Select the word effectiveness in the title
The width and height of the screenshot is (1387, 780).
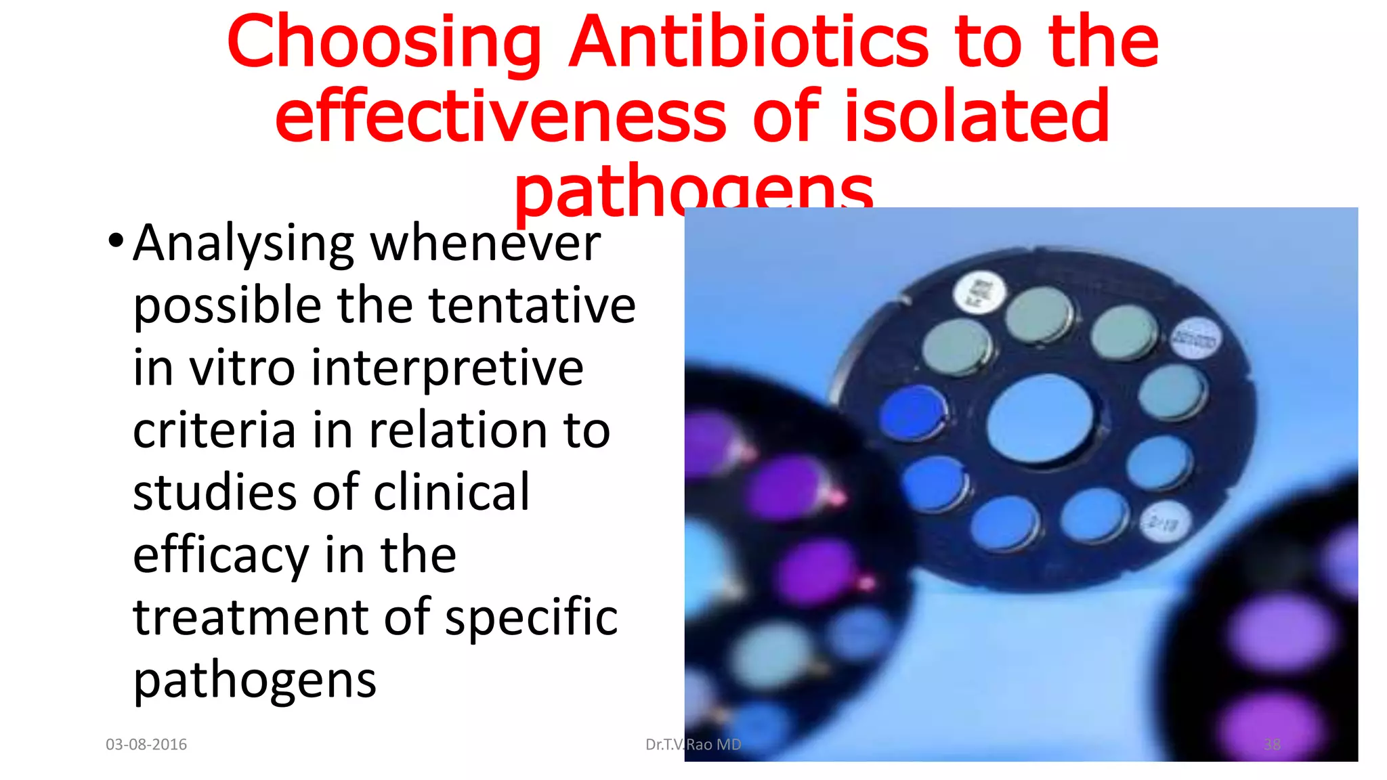500,116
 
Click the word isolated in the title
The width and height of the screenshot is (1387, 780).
976,116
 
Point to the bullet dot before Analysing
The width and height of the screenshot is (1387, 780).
116,240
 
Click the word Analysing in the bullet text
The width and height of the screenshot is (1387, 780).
243,244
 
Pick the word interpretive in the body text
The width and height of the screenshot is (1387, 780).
447,369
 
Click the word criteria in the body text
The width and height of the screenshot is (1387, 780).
214,430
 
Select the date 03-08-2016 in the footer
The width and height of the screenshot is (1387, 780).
146,745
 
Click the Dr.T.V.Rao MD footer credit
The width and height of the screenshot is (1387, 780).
693,745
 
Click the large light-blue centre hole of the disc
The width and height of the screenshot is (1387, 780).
1040,418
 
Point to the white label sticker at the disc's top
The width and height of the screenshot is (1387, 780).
979,293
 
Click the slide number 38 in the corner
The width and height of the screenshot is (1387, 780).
1272,745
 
